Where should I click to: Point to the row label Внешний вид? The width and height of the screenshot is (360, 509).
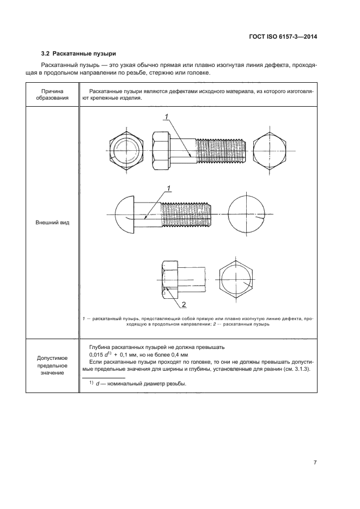point(52,223)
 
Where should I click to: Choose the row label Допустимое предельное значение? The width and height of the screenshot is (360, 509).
point(52,365)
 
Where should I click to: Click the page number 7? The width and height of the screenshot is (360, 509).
point(315,463)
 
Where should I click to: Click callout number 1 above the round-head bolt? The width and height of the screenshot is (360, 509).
point(169,189)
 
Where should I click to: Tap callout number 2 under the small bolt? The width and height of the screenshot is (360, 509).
point(184,304)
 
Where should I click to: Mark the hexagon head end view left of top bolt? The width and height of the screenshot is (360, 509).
point(126,150)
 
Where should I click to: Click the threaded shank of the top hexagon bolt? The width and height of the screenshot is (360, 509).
point(221,150)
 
